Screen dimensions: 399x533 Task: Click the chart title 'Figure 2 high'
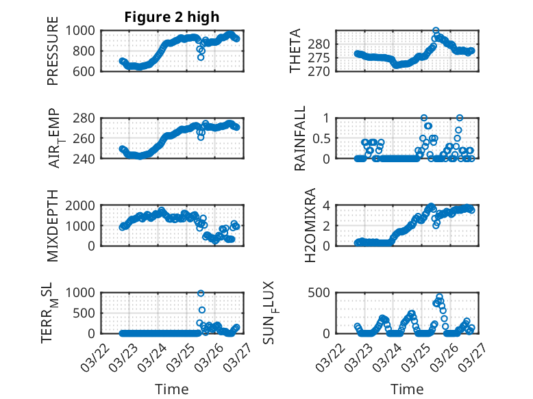[x=172, y=17]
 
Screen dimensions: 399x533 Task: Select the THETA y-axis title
[x=295, y=50]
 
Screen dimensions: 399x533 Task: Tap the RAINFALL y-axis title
[x=299, y=138]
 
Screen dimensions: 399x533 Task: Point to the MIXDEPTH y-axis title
[x=53, y=225]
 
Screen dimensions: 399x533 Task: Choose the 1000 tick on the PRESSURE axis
[x=85, y=30]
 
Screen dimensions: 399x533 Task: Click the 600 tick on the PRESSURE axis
[x=88, y=71]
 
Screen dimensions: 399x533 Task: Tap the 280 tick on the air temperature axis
[x=88, y=118]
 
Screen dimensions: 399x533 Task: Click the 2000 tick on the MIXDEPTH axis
[x=85, y=205]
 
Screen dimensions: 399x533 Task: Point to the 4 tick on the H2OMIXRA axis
[x=329, y=205]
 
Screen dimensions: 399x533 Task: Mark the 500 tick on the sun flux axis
[x=323, y=293]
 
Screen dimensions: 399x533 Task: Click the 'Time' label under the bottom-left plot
[x=172, y=389]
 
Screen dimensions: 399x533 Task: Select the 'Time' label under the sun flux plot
[x=408, y=389]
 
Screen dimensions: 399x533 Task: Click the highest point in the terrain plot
[x=201, y=294]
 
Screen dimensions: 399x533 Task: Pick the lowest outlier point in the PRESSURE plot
[x=201, y=57]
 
